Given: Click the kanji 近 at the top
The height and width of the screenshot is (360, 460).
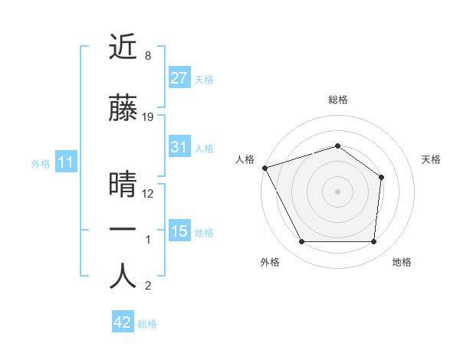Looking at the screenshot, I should [x=123, y=48].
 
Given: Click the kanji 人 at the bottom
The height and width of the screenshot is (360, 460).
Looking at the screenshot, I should [x=123, y=277].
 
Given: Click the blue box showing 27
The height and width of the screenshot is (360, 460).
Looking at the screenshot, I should [x=179, y=77].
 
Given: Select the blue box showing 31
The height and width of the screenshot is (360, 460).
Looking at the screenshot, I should [x=179, y=147].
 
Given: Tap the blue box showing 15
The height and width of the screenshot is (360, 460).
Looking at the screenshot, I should [x=179, y=231].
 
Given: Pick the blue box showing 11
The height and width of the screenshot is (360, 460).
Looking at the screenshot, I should [x=65, y=162].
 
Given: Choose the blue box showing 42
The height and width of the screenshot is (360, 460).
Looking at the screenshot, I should [x=123, y=322].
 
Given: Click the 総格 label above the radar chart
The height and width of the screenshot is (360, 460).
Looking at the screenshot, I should [x=337, y=100].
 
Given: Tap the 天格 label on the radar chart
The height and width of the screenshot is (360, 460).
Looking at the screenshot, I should [x=431, y=159].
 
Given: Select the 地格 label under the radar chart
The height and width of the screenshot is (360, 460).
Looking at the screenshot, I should [x=402, y=262].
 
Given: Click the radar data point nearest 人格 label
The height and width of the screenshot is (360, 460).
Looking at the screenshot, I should [x=264, y=168].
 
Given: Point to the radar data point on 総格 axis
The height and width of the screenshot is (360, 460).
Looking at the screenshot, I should [x=337, y=146].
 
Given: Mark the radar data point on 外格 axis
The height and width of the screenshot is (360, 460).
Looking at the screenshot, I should [x=301, y=242].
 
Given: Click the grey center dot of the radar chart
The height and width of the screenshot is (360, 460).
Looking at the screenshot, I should [x=337, y=191].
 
